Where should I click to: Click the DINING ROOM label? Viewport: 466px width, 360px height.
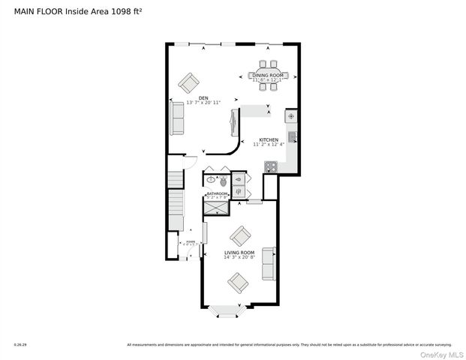click(268, 76)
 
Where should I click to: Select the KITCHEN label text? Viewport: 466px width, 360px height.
click(269, 139)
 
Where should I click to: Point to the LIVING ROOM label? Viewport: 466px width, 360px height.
click(239, 253)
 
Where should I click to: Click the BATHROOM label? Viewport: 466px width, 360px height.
click(217, 193)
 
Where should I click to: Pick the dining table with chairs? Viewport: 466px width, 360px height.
click(268, 75)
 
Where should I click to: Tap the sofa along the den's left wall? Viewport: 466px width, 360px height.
click(177, 118)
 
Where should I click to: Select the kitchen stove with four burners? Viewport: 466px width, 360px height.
click(270, 167)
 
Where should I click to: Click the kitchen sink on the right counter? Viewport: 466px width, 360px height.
click(293, 136)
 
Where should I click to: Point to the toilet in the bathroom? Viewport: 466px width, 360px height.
click(223, 180)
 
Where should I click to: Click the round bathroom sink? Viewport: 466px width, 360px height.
click(211, 180)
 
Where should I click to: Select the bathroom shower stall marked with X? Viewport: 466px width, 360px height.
click(217, 205)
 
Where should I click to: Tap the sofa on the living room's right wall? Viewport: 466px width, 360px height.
click(269, 264)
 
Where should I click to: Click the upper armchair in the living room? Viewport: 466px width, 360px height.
click(240, 236)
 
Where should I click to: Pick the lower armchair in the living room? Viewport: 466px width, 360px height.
click(239, 282)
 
